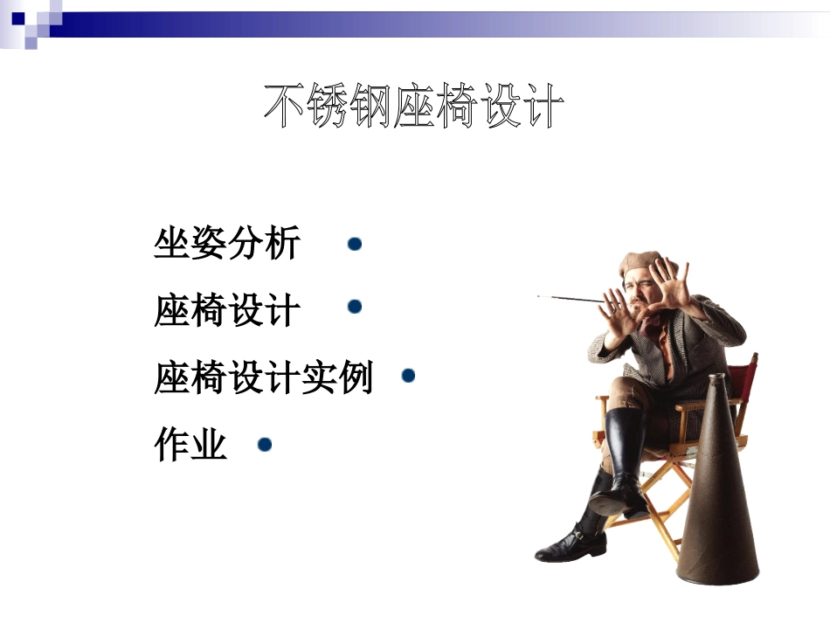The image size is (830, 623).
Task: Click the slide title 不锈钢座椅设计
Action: coord(413,107)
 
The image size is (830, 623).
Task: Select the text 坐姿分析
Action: coord(227,244)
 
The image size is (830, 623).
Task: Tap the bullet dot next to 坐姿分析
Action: coord(355,244)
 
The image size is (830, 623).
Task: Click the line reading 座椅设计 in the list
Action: coord(227,310)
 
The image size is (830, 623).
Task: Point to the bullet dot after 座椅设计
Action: coord(355,307)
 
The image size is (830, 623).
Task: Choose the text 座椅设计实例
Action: coord(263,378)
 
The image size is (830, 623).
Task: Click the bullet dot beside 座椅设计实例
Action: coord(408,376)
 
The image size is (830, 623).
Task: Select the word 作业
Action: coord(190,446)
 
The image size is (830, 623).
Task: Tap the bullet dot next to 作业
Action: coord(265,445)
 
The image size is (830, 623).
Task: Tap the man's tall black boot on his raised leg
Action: coord(625,454)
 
